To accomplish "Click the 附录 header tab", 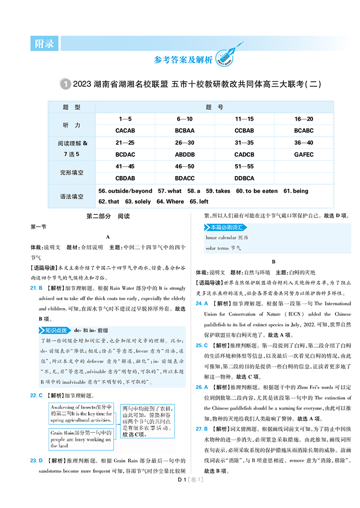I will point(44,44).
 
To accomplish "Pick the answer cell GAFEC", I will point(303,154).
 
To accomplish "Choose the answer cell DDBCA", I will point(244,177).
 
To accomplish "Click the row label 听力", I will point(72,125).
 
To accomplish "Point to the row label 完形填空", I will point(72,172).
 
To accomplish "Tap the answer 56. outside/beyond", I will point(125,191).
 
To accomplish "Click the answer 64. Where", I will point(170,201).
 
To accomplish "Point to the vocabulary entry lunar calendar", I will point(221,237).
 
